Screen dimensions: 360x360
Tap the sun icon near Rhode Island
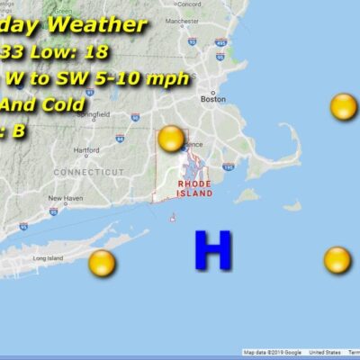(x=171, y=139)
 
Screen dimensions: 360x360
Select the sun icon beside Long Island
(x=102, y=263)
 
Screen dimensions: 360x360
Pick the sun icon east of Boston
(x=343, y=107)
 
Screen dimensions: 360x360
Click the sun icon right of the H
(x=337, y=259)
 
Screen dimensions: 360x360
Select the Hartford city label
(x=87, y=150)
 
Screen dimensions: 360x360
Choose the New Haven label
(x=65, y=198)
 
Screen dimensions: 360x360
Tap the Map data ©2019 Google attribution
(x=273, y=352)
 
